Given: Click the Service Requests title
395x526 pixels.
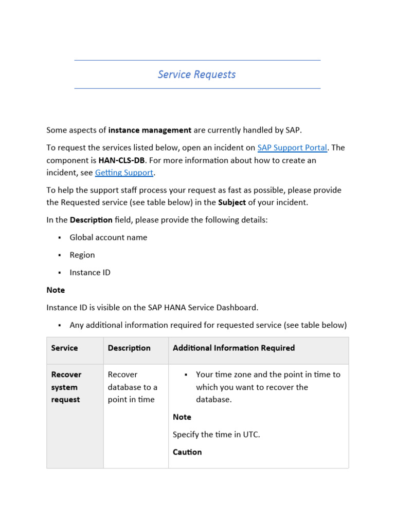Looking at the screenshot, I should (196, 74).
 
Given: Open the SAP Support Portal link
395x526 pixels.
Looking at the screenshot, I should (292, 148).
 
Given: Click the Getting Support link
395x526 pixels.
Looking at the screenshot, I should (124, 173).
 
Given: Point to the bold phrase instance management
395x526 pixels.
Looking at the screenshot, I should (150, 130).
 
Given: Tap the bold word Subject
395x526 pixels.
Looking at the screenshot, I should (232, 202).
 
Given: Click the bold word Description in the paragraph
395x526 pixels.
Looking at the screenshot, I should (91, 220).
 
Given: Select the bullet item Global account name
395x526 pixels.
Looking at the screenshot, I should (109, 237).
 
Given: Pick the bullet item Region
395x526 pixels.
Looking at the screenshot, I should (82, 255).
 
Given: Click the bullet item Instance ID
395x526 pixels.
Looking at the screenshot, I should (90, 272).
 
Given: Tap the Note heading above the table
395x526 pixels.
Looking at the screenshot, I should (56, 290).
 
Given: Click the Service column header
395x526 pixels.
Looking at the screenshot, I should (64, 348).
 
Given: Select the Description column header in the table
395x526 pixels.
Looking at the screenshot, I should (129, 348).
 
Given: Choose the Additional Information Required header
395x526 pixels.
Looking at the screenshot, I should (234, 348).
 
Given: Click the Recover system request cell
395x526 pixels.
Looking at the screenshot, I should (66, 387).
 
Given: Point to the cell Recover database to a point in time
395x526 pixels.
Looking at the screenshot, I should (132, 387).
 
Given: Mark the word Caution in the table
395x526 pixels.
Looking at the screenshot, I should (187, 453).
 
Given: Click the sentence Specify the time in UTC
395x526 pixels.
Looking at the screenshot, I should (217, 435).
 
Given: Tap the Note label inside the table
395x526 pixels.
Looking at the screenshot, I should (182, 417).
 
